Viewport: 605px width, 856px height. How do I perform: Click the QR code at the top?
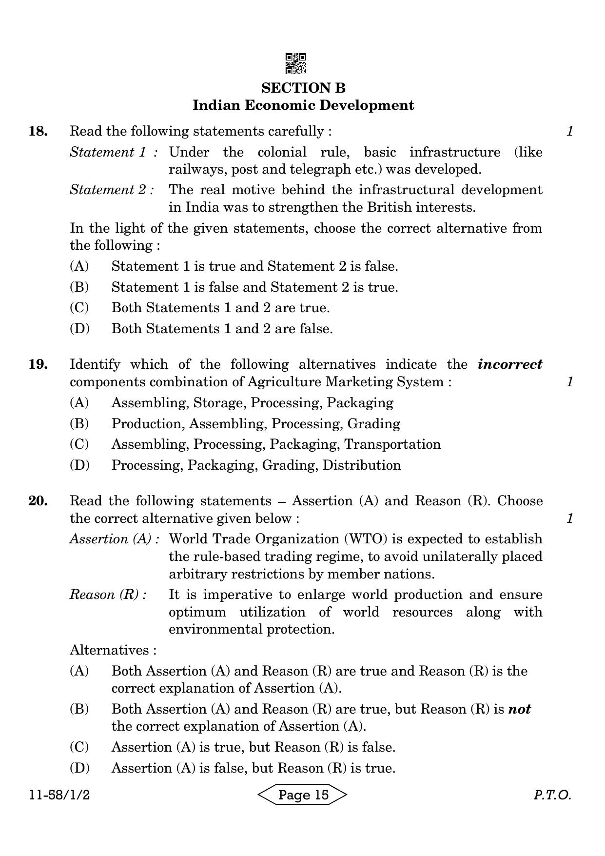(x=295, y=64)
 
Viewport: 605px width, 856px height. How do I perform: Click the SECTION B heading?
(x=303, y=88)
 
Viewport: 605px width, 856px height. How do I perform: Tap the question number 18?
(x=38, y=131)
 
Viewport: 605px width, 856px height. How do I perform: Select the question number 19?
(x=38, y=364)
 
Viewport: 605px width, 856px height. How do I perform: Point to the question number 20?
(x=38, y=501)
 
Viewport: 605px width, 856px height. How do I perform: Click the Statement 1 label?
(x=113, y=152)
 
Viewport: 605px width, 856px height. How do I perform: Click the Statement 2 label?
(x=112, y=190)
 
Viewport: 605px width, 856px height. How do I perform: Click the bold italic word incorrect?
(x=510, y=364)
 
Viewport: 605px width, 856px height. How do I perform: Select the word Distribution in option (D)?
(x=362, y=465)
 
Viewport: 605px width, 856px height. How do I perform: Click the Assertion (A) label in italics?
(x=115, y=539)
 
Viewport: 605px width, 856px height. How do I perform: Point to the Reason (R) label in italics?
(x=108, y=595)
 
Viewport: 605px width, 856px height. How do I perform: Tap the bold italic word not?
(x=519, y=709)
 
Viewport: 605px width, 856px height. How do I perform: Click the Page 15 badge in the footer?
(x=303, y=795)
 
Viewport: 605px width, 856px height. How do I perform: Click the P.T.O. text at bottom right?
(x=552, y=796)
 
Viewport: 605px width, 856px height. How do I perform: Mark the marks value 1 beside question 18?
(x=570, y=131)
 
